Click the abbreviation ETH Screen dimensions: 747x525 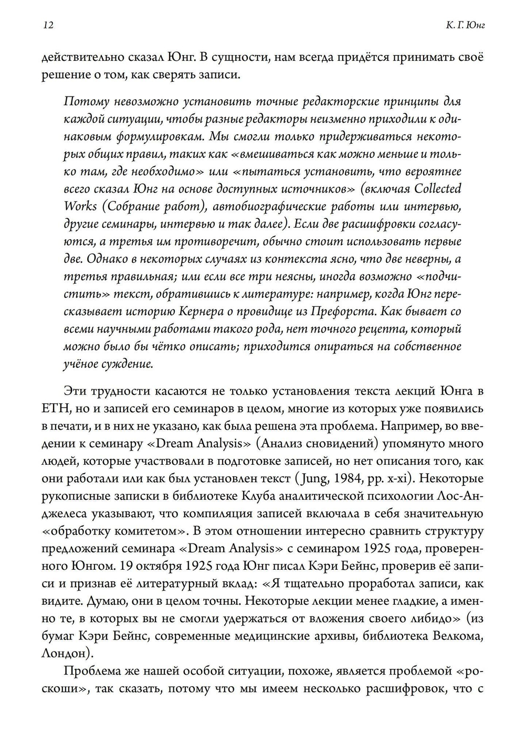pos(52,408)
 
